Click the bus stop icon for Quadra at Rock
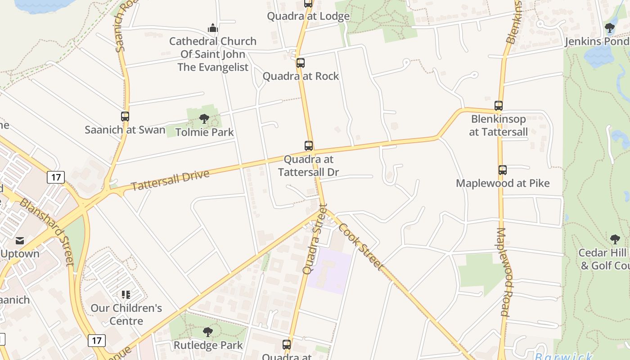(300, 63)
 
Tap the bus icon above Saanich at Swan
(125, 117)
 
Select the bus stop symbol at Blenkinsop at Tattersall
(499, 106)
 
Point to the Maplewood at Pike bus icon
(503, 170)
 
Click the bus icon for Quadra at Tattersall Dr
(309, 146)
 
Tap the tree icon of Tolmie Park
(204, 119)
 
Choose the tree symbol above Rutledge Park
(207, 332)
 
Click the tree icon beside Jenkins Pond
(610, 28)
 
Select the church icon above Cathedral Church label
(213, 28)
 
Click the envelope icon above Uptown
(20, 241)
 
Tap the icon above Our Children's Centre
(126, 295)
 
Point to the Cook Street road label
(360, 247)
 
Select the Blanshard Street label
(47, 231)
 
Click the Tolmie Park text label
(204, 132)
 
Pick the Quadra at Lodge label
(308, 16)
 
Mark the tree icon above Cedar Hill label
(615, 239)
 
